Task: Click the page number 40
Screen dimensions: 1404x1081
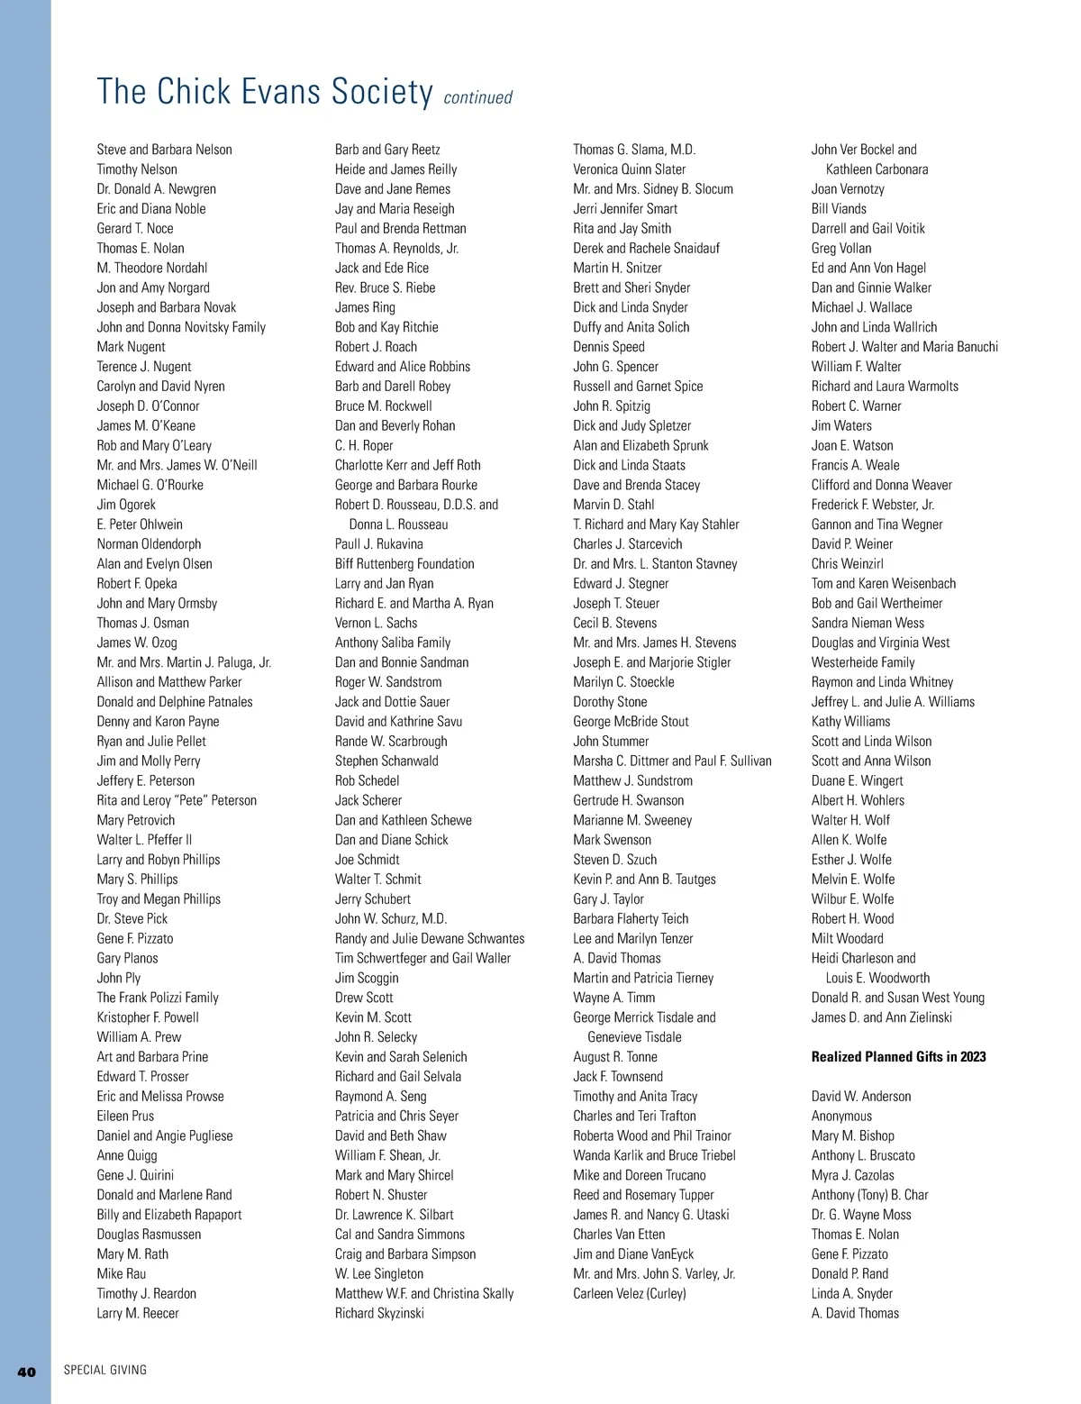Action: [x=27, y=1372]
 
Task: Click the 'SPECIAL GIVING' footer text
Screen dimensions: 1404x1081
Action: [x=105, y=1370]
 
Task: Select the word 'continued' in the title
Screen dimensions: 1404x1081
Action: [x=477, y=97]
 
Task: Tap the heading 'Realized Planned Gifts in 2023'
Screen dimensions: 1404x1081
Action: [x=898, y=1056]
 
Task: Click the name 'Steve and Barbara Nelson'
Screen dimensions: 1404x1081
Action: [x=164, y=150]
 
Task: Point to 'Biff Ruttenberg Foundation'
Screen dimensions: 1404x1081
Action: [x=404, y=564]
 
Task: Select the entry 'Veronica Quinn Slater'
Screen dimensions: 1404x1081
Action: [x=629, y=169]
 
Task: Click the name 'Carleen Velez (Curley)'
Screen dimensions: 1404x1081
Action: [x=629, y=1293]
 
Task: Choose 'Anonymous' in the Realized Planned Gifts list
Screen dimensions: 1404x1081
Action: [x=841, y=1116]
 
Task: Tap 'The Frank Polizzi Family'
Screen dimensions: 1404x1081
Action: [x=158, y=998]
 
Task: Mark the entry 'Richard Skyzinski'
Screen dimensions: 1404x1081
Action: [x=379, y=1313]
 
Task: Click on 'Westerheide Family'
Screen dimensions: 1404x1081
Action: [x=863, y=662]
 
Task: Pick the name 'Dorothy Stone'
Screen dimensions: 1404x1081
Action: [x=610, y=702]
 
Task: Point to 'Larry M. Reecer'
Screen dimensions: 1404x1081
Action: [x=138, y=1313]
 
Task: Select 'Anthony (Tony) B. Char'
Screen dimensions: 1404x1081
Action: [x=869, y=1195]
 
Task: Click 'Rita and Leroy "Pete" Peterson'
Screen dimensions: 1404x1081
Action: [x=177, y=800]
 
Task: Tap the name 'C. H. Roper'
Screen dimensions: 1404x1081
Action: [x=364, y=445]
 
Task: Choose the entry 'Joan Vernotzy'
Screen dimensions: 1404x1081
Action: [x=848, y=189]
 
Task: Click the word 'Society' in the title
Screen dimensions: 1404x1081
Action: [x=382, y=92]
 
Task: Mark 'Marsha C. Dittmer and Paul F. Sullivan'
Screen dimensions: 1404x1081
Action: [x=672, y=761]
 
